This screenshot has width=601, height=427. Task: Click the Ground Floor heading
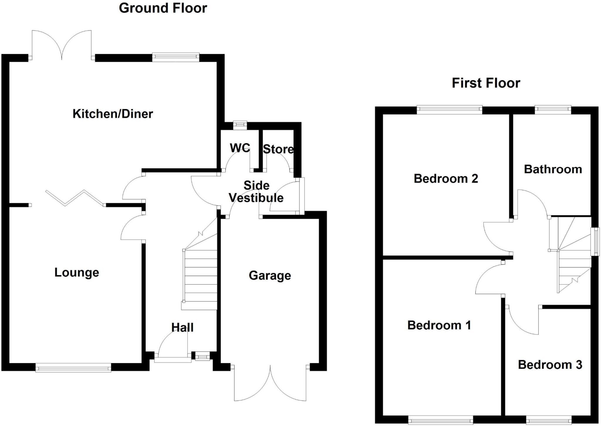pos(163,8)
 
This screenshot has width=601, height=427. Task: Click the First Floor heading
pos(486,83)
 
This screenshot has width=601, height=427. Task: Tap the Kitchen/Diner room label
pos(113,114)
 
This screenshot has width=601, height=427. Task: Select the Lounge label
pos(77,272)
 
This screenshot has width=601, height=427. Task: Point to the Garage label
pos(270,275)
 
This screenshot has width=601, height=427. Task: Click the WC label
pos(240,148)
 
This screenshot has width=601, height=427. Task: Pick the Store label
pos(278,149)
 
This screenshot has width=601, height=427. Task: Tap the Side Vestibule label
pos(256,192)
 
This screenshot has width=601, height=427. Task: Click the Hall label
pos(182,327)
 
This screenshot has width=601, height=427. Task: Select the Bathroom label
pos(553,169)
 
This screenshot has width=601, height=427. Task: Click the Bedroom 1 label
pos(439,325)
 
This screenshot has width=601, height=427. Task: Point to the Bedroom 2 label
pos(446,178)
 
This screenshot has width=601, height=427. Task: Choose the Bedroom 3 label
pos(550,365)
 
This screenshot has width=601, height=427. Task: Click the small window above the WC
pos(240,126)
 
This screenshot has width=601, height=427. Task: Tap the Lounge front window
pos(73,367)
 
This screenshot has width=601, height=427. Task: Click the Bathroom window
pos(553,110)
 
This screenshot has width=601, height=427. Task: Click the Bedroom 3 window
pos(548,420)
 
